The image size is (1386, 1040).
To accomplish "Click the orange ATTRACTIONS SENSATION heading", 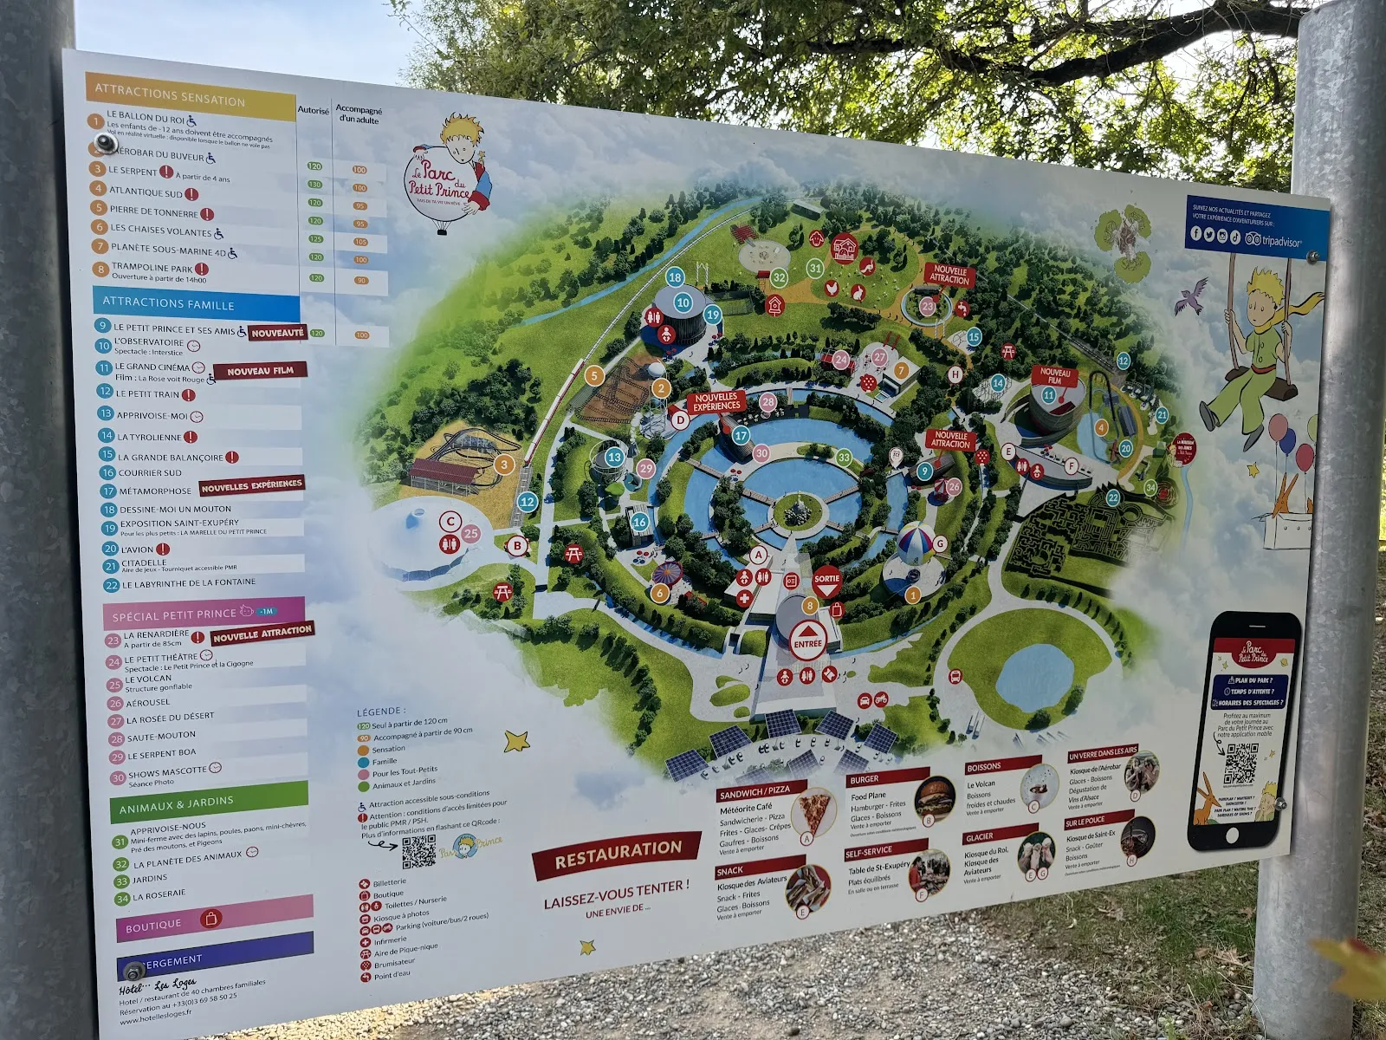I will [170, 95].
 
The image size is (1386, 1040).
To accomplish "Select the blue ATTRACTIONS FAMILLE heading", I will [168, 303].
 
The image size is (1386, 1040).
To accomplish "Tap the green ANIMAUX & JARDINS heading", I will [177, 805].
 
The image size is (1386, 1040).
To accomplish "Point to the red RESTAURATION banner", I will [618, 854].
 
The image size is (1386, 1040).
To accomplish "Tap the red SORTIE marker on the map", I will [826, 582].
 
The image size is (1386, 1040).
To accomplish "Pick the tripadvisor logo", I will [1273, 240].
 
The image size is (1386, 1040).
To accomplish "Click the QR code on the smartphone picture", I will [1240, 763].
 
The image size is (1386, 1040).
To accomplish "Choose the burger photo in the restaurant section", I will [935, 796].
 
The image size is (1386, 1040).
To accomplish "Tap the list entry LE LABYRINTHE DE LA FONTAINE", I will [188, 584].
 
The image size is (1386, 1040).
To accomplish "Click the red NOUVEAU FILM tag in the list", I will [260, 371].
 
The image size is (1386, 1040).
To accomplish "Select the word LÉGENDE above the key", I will [379, 712].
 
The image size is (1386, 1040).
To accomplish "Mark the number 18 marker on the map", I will [675, 277].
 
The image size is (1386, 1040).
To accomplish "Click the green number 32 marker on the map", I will [779, 278].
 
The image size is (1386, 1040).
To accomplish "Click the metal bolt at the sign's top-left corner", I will [106, 142].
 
